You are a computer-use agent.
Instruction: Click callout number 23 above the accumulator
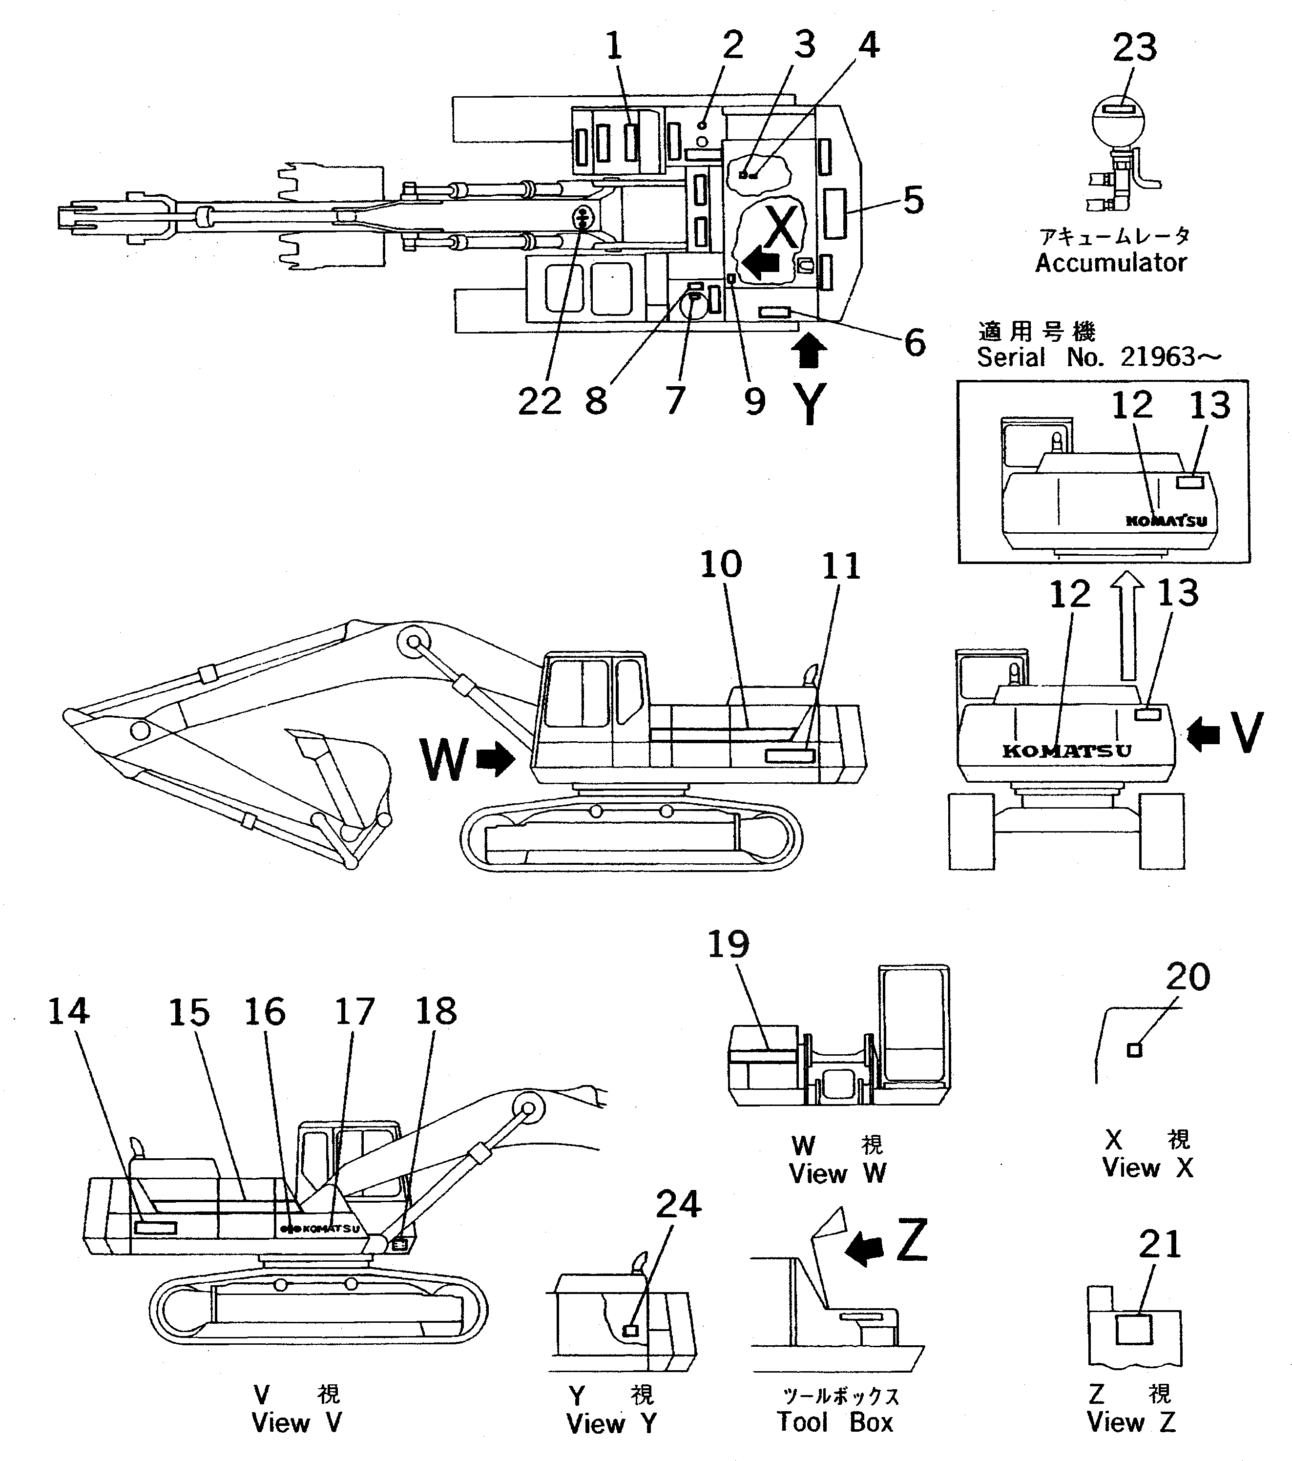pos(1134,48)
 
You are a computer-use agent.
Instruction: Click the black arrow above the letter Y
pos(809,353)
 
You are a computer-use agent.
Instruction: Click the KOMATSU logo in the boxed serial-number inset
pos(1166,521)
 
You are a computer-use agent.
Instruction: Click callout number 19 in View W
pos(728,944)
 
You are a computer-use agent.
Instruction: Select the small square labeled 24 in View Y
pos(630,1330)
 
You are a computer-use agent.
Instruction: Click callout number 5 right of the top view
pos(913,201)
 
